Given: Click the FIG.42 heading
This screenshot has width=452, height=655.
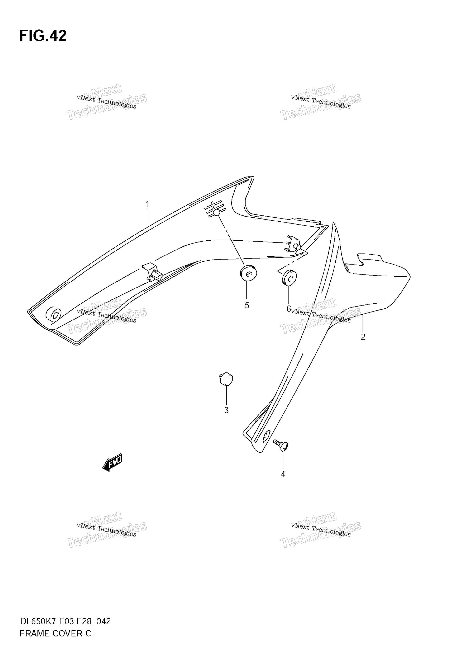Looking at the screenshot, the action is click(x=43, y=36).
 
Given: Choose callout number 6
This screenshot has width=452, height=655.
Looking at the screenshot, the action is click(x=289, y=309).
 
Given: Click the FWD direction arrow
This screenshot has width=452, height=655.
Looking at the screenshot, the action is click(x=112, y=462).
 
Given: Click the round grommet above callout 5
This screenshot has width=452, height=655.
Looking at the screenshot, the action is click(x=248, y=273).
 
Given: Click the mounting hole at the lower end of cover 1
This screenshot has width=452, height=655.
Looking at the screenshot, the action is click(x=54, y=314).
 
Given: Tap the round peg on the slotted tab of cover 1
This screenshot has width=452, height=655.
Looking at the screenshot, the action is click(x=216, y=212).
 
